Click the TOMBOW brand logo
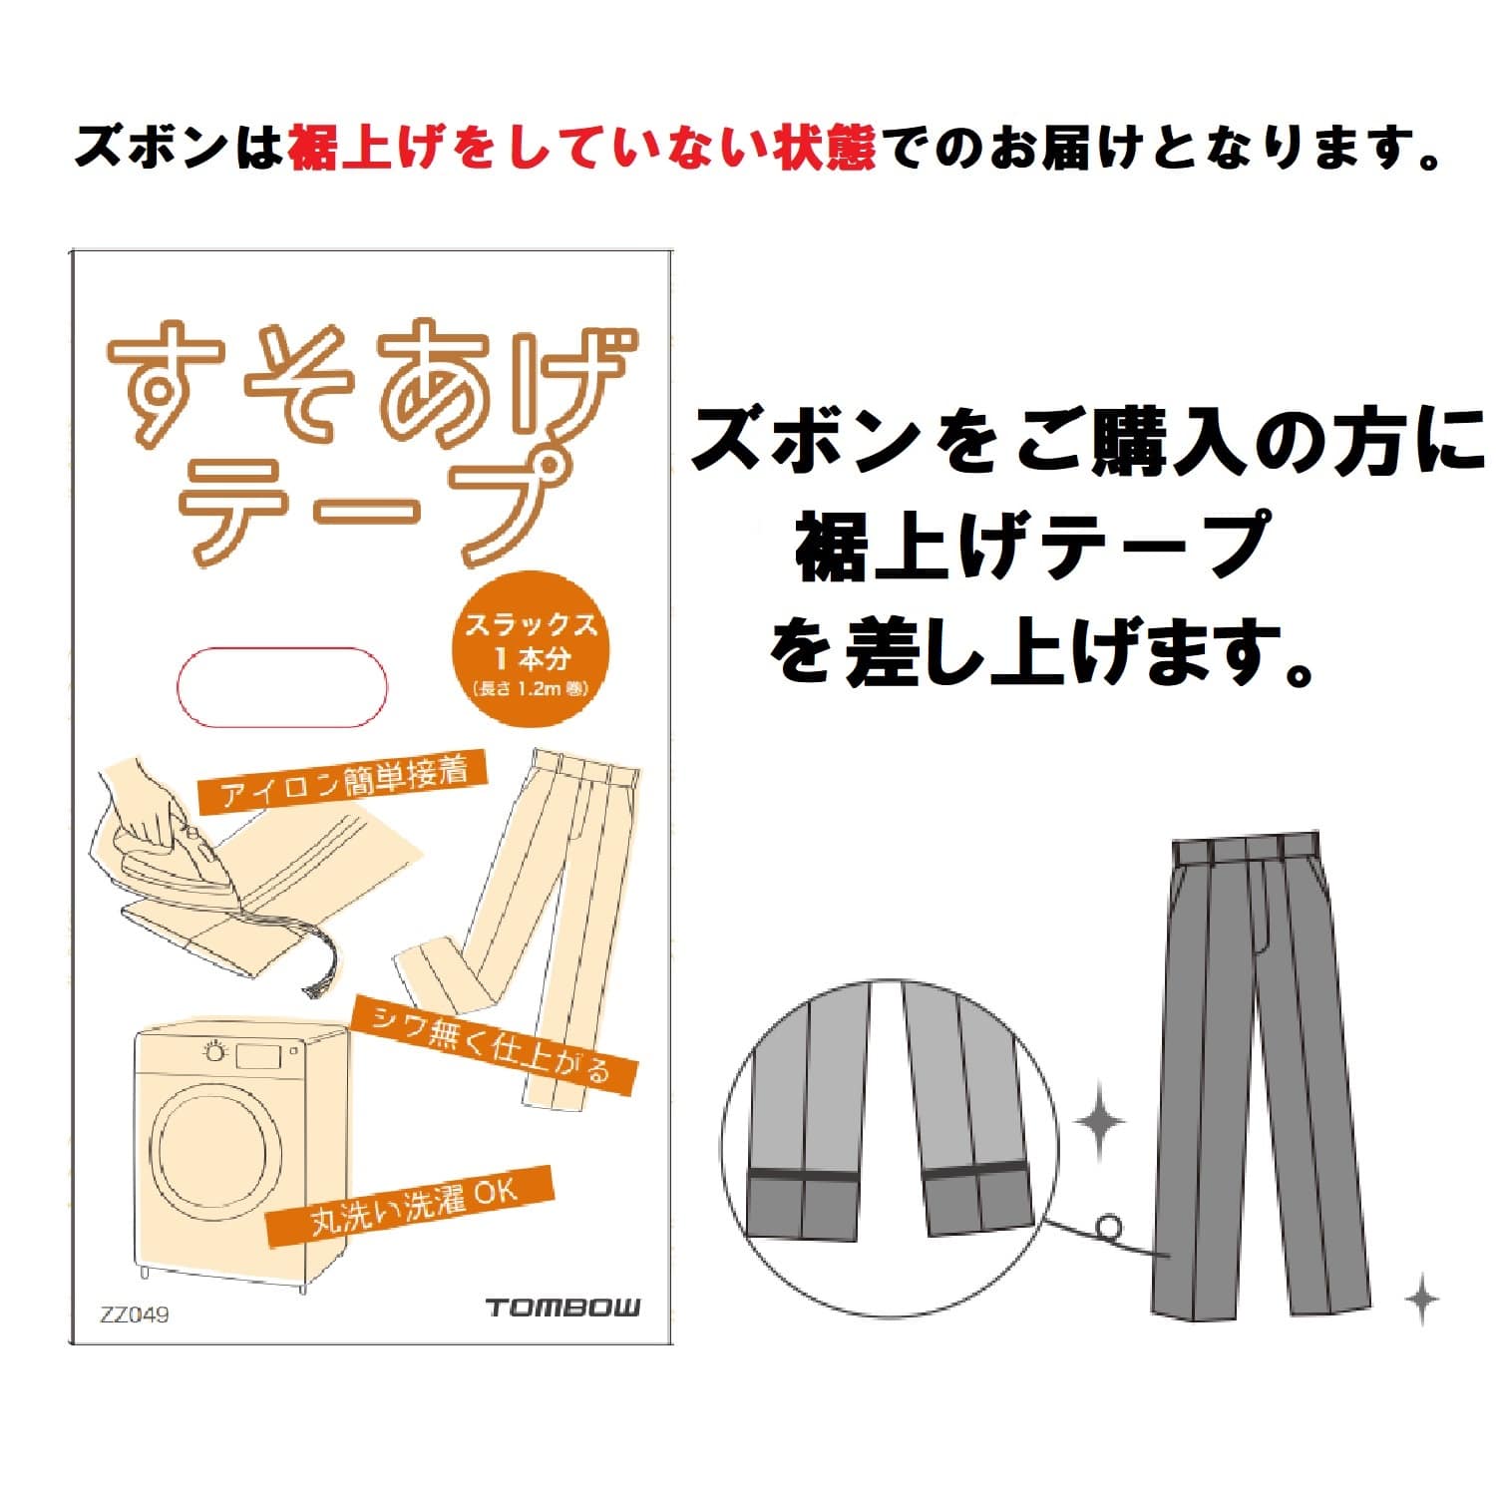(x=563, y=1308)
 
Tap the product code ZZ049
(x=135, y=1314)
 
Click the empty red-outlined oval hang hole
(x=281, y=687)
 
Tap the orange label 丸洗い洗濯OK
(x=410, y=1206)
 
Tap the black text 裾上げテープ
(x=1032, y=545)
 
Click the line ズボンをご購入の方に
(x=1089, y=440)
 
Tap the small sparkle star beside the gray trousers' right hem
(x=1422, y=1299)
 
